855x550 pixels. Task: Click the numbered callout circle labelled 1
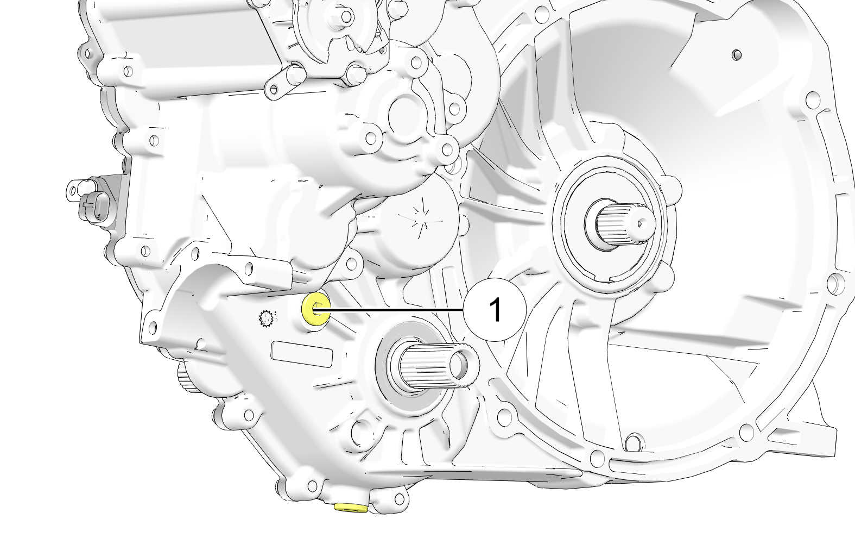coord(495,310)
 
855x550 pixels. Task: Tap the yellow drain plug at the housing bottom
coord(351,507)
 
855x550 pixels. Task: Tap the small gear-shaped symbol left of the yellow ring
coord(265,318)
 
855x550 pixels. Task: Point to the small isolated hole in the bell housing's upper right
coord(736,55)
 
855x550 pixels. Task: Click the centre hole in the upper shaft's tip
coord(641,223)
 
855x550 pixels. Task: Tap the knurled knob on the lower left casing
coord(186,377)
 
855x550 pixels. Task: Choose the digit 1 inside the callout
coord(495,310)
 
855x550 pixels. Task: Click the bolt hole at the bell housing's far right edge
coord(837,284)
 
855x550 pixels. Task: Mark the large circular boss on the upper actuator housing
coord(404,114)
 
